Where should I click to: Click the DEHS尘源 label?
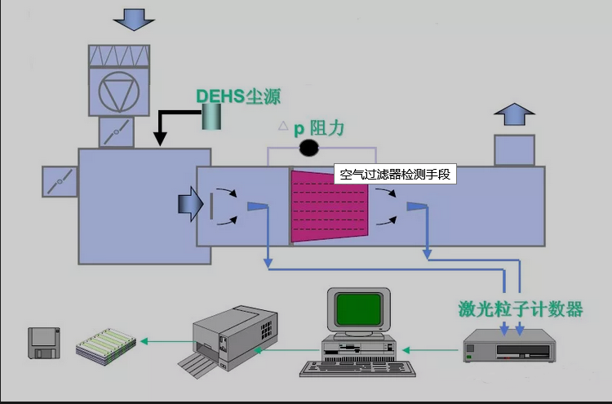pyautogui.click(x=238, y=96)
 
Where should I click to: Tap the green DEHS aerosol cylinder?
pyautogui.click(x=214, y=118)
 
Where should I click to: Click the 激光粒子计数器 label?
pyautogui.click(x=520, y=309)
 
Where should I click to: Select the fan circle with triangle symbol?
pyautogui.click(x=119, y=91)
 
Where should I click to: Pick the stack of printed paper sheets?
pyautogui.click(x=105, y=344)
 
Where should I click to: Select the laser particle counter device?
pyautogui.click(x=508, y=347)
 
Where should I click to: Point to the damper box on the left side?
pyautogui.click(x=60, y=182)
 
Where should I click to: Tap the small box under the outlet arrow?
pyautogui.click(x=514, y=149)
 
